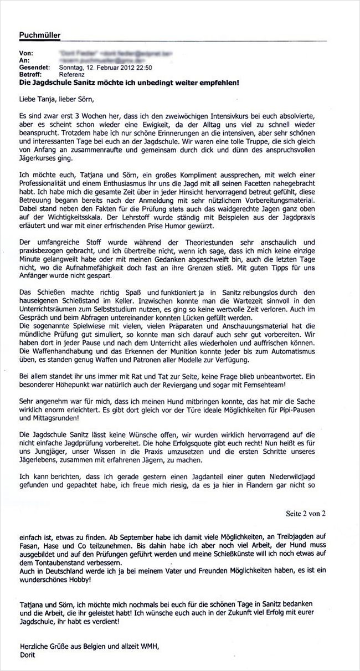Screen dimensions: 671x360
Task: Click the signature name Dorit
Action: tap(28, 654)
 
